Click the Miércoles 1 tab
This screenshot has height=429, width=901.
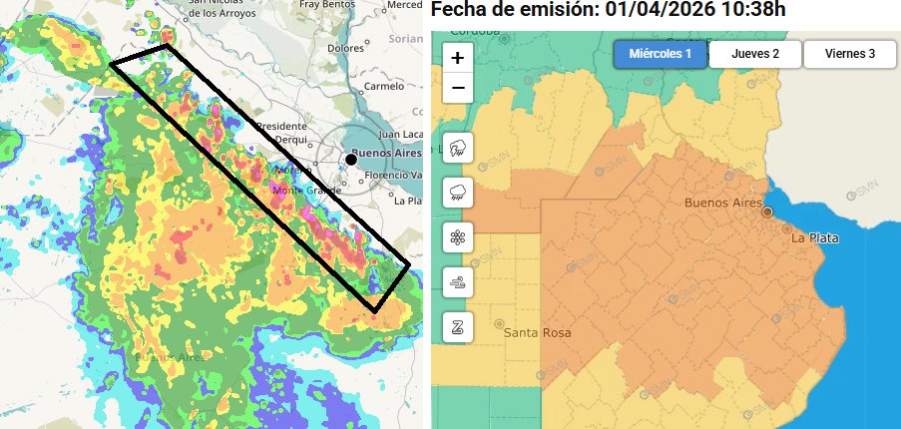[x=660, y=54]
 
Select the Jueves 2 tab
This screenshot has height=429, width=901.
[x=755, y=54]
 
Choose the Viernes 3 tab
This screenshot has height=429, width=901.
[x=850, y=54]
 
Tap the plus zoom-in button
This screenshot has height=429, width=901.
[x=457, y=58]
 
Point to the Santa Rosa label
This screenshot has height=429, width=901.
[x=538, y=332]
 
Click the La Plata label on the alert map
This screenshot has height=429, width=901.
[x=814, y=238]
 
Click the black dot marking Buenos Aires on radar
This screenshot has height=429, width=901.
[x=351, y=159]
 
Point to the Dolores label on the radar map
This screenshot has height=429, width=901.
[x=345, y=47]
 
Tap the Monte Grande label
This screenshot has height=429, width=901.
[x=299, y=190]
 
